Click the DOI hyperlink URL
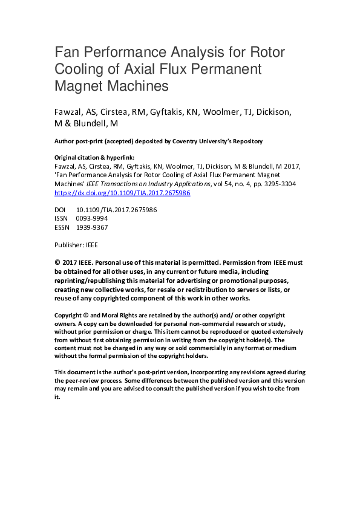point(122,193)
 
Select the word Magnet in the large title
point(74,85)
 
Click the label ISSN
point(62,218)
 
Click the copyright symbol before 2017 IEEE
point(57,263)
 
